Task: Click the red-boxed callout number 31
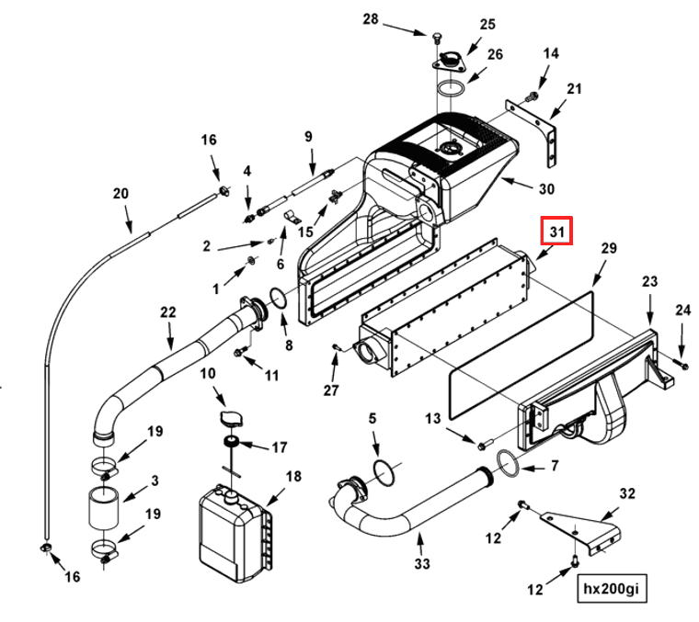556,232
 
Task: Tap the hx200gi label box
612,588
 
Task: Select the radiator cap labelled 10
232,419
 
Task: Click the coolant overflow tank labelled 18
235,533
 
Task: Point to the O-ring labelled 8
279,298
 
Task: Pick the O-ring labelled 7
508,463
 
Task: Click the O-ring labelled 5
384,474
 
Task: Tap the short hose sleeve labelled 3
104,508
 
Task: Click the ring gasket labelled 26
452,88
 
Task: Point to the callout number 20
120,194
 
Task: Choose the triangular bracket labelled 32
582,532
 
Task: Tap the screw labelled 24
682,364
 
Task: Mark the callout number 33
422,564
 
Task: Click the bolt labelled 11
240,352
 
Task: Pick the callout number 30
546,188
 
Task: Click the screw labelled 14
533,95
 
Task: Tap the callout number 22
167,312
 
